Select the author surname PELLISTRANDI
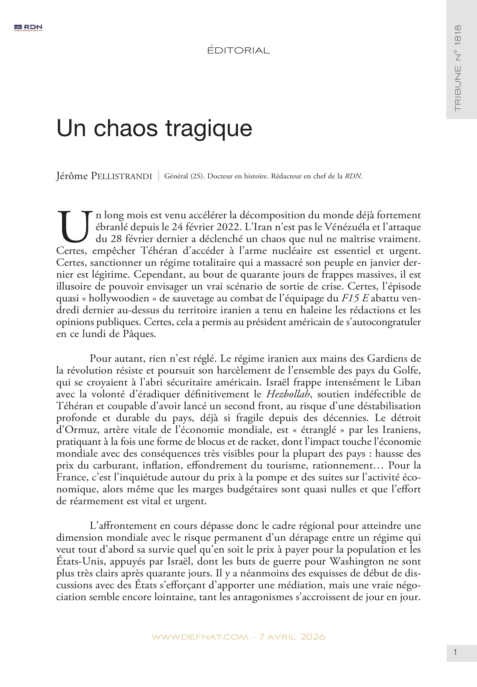(x=121, y=176)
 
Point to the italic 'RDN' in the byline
(x=353, y=176)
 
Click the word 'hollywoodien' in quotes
(x=119, y=298)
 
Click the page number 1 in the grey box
(x=455, y=653)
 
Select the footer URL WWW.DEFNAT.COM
(x=200, y=637)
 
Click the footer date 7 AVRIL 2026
(x=292, y=637)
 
